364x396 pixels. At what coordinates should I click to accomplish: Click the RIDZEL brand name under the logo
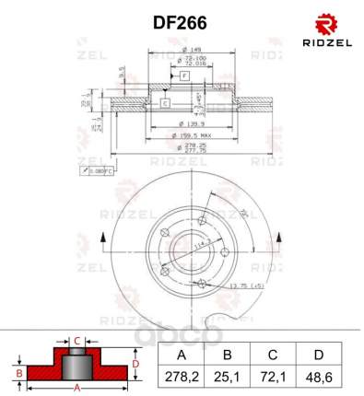coord(327,42)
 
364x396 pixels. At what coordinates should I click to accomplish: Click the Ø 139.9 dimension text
coord(193,123)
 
